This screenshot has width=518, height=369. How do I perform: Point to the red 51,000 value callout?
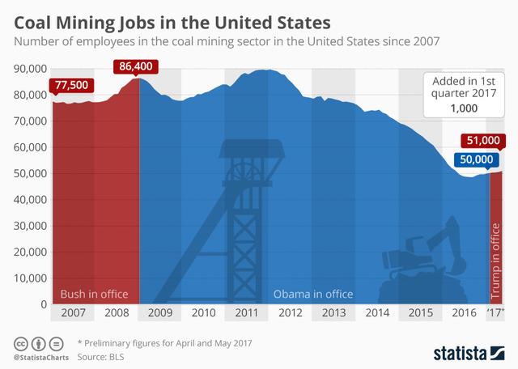[483, 139]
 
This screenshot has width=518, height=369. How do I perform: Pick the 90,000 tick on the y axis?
[30, 69]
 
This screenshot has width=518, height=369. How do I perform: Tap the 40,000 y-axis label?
[30, 199]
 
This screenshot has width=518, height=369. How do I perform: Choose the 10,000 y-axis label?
[30, 278]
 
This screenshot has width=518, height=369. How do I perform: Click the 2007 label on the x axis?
[72, 312]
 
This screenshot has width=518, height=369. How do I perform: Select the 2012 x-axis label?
[291, 312]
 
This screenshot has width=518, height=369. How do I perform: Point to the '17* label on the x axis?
[495, 312]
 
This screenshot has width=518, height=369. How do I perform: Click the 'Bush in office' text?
[95, 294]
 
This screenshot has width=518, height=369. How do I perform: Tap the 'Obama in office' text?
[312, 294]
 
